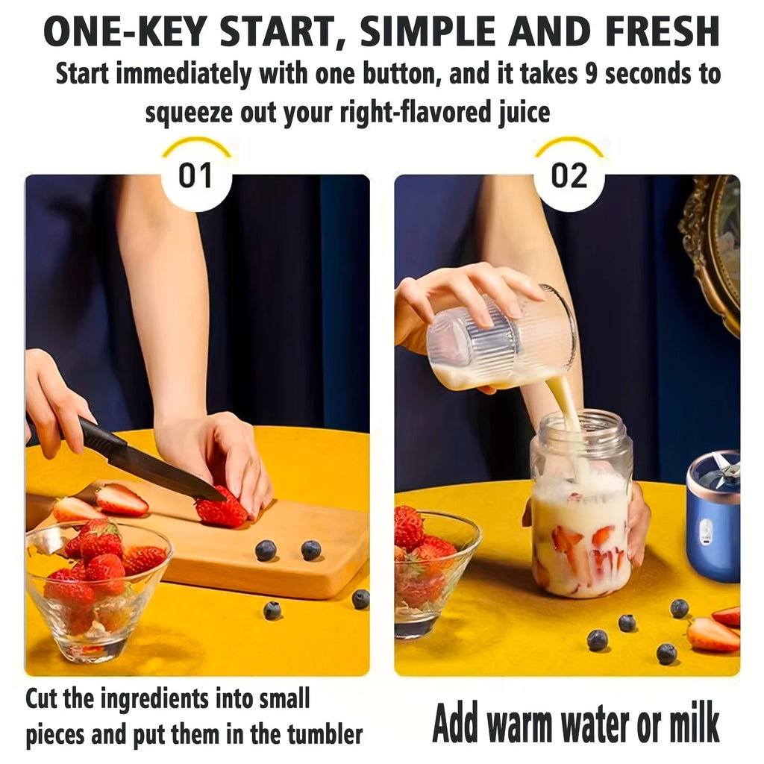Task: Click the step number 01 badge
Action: click(195, 176)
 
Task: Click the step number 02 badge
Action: click(569, 176)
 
